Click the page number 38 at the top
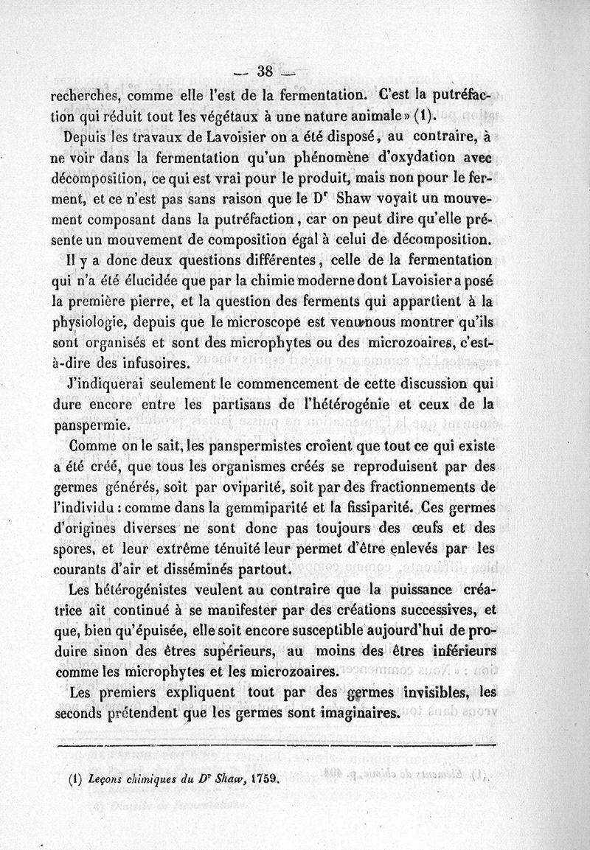tap(263, 72)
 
